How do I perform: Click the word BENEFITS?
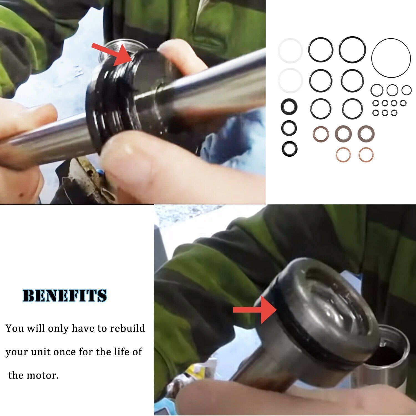tap(65, 296)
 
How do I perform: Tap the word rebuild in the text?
tap(128, 328)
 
